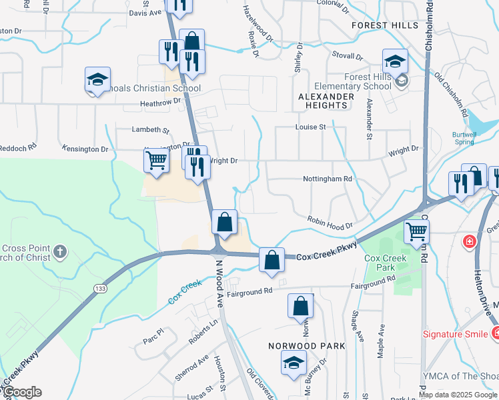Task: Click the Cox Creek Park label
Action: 381,262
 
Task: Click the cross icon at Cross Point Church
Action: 60,251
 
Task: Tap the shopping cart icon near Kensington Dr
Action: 156,160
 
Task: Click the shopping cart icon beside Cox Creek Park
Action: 416,232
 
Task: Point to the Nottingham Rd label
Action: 327,179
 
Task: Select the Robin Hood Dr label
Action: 330,223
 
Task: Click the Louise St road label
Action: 310,127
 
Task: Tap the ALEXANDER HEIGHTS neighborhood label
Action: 326,101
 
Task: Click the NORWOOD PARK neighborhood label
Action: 307,346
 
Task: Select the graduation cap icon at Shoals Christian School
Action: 97,80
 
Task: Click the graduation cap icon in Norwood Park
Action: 293,363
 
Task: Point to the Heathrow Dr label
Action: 160,103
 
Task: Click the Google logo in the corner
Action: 22,392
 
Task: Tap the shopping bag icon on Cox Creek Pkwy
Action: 272,261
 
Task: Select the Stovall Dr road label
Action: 347,57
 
